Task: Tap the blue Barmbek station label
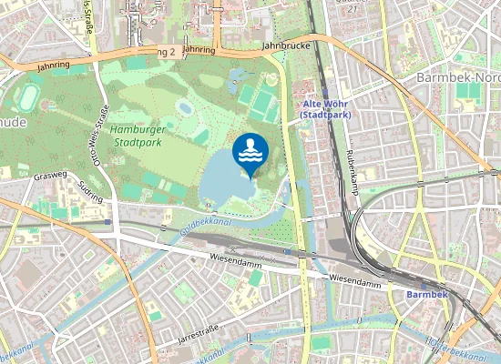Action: (x=426, y=295)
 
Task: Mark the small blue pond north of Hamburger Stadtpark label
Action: (x=185, y=107)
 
